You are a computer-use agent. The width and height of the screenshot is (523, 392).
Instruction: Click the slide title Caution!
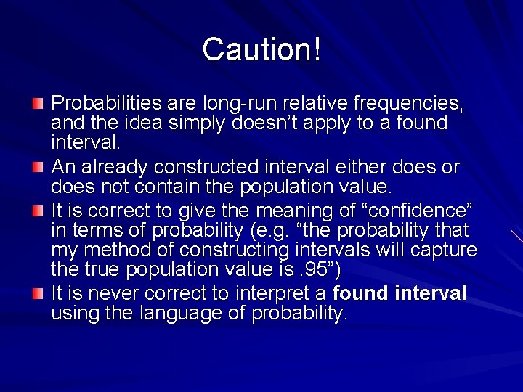coord(261,49)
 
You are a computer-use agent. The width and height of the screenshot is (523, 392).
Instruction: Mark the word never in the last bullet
coord(111,293)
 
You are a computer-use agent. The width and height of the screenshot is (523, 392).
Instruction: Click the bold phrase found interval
coord(399,293)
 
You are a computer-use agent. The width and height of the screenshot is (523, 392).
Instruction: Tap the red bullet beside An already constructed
coord(38,168)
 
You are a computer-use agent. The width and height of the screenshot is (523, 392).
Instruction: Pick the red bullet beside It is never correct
coord(38,294)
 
